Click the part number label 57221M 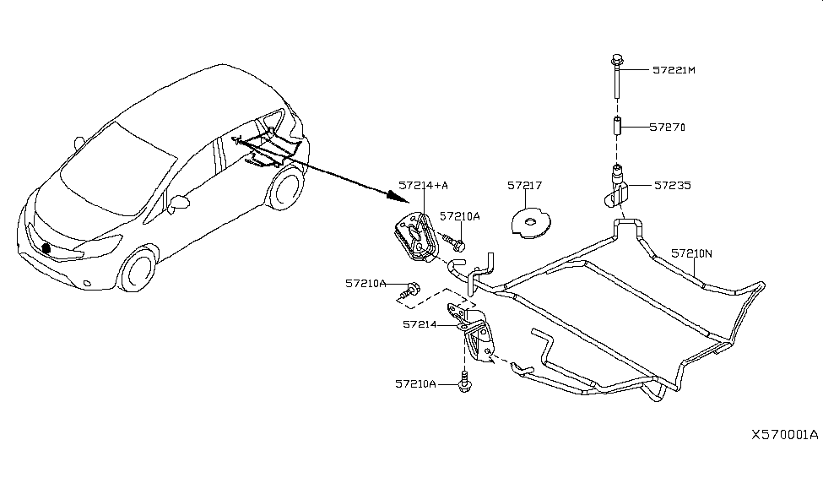click(x=673, y=70)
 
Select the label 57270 click(x=667, y=128)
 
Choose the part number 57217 click(x=524, y=185)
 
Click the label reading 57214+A click(x=424, y=185)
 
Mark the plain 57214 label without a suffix click(x=420, y=323)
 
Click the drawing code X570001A click(x=784, y=435)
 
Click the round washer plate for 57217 click(x=529, y=222)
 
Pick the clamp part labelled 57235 click(x=617, y=188)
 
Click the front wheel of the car click(x=136, y=270)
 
